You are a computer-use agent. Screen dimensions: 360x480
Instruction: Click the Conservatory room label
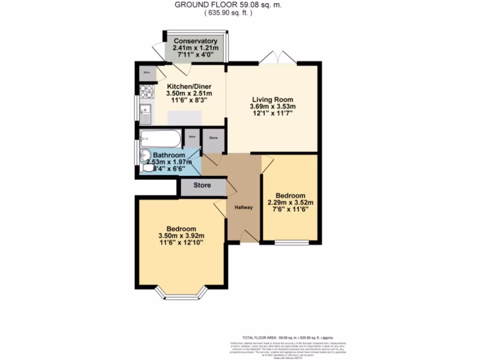pyautogui.click(x=195, y=41)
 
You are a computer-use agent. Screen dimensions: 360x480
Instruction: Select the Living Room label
pyautogui.click(x=273, y=99)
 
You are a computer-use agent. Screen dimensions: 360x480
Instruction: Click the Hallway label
pyautogui.click(x=244, y=208)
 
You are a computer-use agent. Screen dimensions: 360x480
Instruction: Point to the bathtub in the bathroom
pyautogui.click(x=159, y=138)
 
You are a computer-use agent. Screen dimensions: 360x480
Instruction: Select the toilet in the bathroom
pyautogui.click(x=146, y=168)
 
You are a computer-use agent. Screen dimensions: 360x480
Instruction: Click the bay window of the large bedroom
pyautogui.click(x=181, y=294)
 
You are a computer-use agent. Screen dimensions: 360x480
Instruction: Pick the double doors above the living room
pyautogui.click(x=278, y=58)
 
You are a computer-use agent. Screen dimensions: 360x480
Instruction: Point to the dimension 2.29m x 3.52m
pyautogui.click(x=290, y=202)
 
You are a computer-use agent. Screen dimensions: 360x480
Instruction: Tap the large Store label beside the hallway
pyautogui.click(x=202, y=185)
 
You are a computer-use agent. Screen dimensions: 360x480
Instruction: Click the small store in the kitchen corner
pyautogui.click(x=146, y=73)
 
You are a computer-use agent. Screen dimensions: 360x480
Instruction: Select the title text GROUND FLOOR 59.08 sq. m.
pyautogui.click(x=228, y=5)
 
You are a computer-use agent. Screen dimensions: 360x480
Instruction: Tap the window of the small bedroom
pyautogui.click(x=292, y=243)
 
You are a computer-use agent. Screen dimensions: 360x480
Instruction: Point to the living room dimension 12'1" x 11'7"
pyautogui.click(x=273, y=113)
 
